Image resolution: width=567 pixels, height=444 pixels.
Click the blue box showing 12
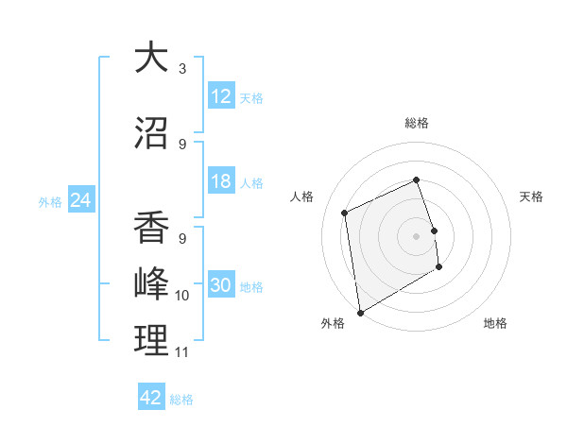[221, 96]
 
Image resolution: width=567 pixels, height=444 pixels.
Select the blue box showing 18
[221, 182]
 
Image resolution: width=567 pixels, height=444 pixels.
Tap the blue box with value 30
[221, 286]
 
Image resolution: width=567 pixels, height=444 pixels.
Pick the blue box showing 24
[80, 200]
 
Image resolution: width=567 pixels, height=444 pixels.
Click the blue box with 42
[151, 398]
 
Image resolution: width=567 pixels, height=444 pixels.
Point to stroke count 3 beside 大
[182, 69]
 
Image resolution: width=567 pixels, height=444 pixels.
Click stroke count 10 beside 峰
[182, 296]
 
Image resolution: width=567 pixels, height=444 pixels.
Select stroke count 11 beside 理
[182, 352]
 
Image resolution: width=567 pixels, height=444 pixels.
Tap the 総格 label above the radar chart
[417, 123]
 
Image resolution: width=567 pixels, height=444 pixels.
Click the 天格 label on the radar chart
[532, 196]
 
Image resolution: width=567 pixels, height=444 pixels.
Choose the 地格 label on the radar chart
[495, 323]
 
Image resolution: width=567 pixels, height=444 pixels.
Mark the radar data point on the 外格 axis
[360, 312]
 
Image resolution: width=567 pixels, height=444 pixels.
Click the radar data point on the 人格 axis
[345, 213]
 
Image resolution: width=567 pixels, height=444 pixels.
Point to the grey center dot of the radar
[417, 235]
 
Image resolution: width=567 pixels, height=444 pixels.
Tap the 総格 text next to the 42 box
[181, 400]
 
